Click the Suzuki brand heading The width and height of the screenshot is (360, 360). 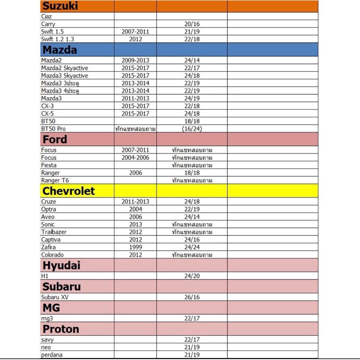point(60,6)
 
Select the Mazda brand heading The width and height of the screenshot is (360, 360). point(60,50)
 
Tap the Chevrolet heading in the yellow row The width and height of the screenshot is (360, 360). point(68,191)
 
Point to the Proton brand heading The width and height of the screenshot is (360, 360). point(61,329)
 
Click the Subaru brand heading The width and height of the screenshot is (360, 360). point(62,286)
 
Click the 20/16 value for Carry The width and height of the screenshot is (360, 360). point(192,24)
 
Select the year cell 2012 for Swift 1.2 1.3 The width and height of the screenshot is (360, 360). point(135,39)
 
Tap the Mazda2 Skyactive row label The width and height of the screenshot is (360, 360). point(64,68)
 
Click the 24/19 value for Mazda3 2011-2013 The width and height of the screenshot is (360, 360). point(192,98)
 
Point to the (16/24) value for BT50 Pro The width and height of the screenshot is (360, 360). point(192,129)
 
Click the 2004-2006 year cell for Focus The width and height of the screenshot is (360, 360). point(135,157)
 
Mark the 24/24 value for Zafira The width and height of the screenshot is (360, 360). point(192,247)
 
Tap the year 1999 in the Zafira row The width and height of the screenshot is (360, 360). point(135,247)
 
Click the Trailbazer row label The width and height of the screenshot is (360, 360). point(54,232)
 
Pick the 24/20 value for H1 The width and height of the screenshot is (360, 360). point(192,276)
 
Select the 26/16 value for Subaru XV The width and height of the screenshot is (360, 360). point(192,297)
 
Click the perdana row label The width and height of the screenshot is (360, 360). point(52,355)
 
